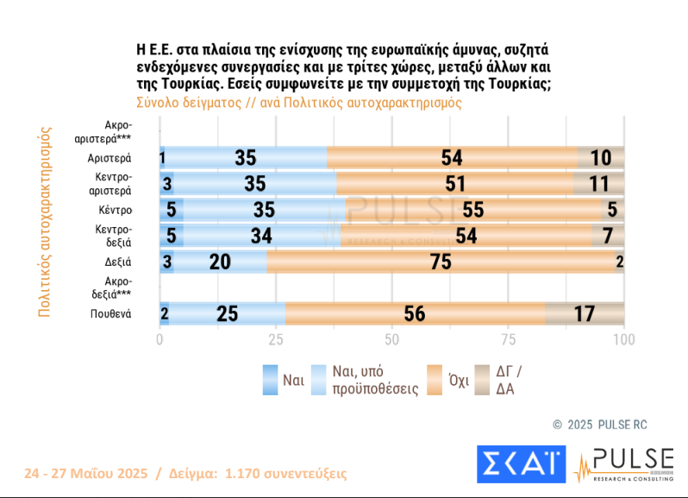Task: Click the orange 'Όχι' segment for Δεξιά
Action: (441, 262)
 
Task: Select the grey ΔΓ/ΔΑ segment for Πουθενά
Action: (584, 313)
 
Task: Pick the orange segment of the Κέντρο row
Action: (472, 210)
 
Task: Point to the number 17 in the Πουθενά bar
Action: (584, 313)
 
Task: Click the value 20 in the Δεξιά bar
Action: (220, 262)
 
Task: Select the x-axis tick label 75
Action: (508, 339)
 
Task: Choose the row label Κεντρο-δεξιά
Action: (113, 236)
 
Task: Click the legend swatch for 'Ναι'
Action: (271, 380)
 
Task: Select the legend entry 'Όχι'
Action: (458, 380)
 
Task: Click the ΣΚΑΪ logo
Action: (521, 464)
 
